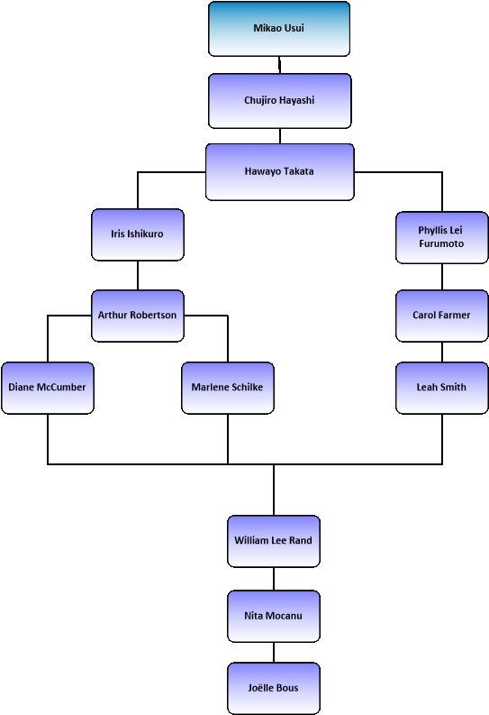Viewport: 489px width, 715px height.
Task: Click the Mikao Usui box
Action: [279, 29]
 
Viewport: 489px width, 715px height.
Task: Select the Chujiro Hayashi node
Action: [279, 101]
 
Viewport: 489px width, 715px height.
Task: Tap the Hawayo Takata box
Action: [279, 172]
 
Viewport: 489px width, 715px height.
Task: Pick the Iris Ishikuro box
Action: [138, 234]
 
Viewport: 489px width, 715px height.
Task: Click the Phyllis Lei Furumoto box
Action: [441, 237]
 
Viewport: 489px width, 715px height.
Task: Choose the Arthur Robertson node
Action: [138, 316]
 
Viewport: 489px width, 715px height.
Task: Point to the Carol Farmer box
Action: [441, 316]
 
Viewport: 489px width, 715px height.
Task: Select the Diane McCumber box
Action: [48, 388]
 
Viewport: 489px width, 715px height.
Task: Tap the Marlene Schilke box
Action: [228, 388]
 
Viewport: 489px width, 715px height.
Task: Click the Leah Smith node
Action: [441, 388]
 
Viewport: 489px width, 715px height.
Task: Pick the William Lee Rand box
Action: [274, 541]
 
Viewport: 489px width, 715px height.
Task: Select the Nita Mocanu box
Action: [274, 616]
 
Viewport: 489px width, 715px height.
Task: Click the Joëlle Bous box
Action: [274, 688]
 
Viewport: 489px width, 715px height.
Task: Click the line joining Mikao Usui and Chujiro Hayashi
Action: [279, 65]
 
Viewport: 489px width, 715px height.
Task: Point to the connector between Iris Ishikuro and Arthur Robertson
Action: [138, 275]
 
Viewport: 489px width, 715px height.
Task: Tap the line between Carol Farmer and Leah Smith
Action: [441, 352]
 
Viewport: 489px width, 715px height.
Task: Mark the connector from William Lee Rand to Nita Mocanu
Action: [274, 579]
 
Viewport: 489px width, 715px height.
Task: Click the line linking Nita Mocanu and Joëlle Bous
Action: [274, 653]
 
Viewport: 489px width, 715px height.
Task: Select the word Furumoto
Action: [441, 244]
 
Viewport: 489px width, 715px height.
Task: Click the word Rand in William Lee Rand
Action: [301, 540]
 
